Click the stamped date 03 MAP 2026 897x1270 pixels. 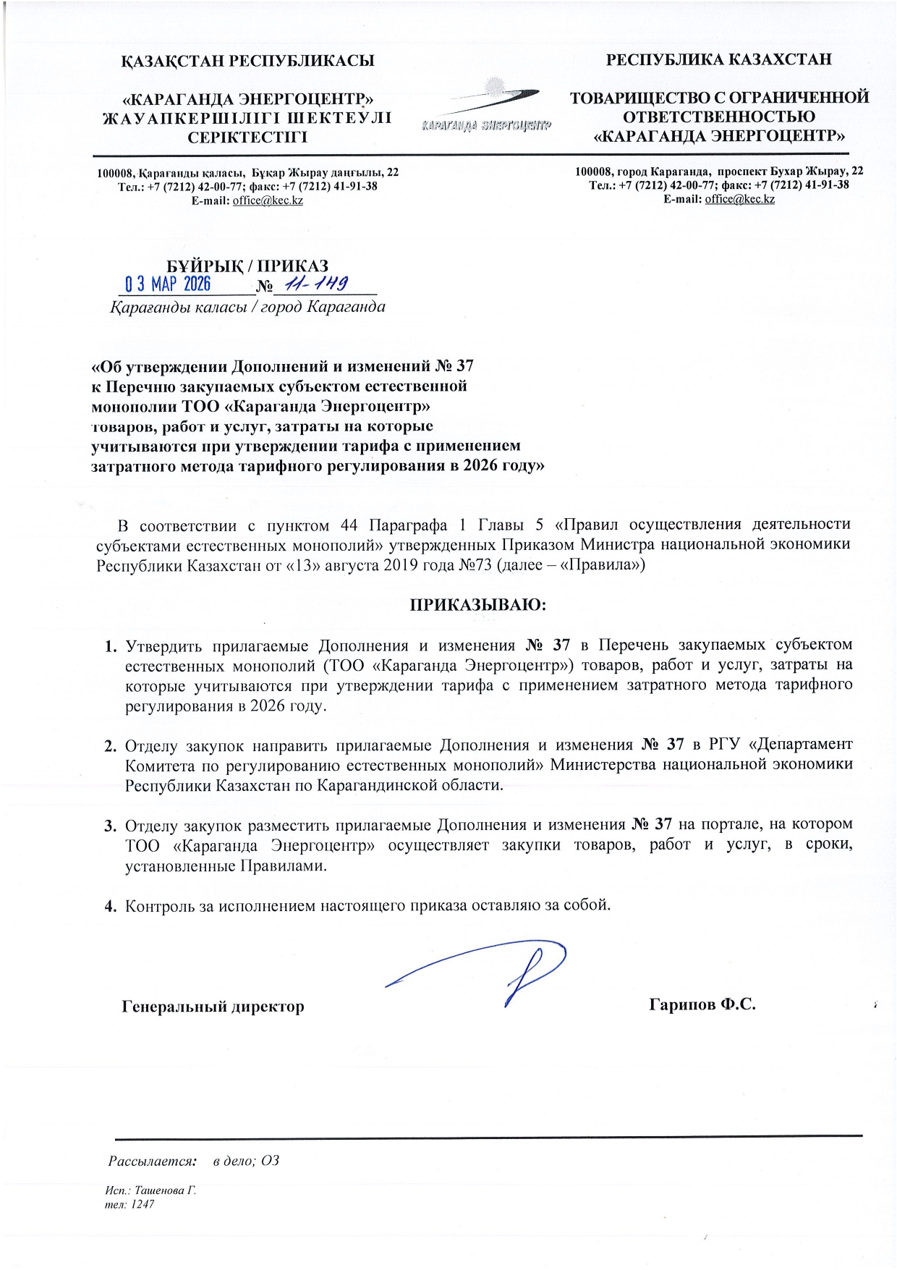(x=167, y=283)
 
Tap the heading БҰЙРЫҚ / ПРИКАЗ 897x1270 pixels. (x=247, y=266)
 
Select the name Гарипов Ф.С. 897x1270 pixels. (x=702, y=1004)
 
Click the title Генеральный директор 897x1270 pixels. (x=213, y=1007)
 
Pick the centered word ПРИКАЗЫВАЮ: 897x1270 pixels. (x=477, y=604)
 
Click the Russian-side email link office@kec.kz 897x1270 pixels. (x=739, y=199)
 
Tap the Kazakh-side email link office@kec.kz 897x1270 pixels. (x=267, y=200)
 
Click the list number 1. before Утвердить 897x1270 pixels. (x=111, y=645)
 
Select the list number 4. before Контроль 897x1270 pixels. (x=111, y=905)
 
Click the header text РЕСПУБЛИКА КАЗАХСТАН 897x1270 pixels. (x=718, y=59)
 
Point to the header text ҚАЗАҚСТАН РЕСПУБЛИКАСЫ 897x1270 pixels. (x=247, y=61)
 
